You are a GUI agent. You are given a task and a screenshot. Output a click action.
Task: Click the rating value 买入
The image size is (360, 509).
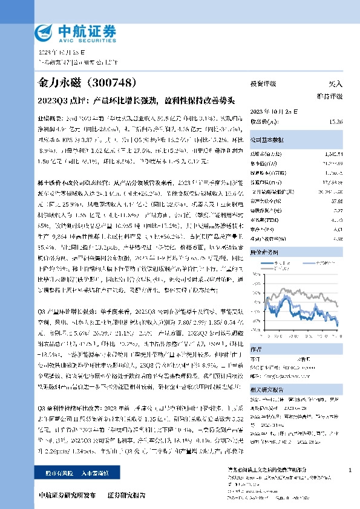(335, 84)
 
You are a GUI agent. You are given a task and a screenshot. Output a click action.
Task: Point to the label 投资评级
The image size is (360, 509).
(263, 84)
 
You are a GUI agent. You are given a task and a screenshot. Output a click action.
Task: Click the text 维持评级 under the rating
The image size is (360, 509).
(330, 96)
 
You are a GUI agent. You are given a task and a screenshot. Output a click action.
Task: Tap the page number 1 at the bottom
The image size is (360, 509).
(350, 470)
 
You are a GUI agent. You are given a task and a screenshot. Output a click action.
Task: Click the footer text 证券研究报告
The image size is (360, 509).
(126, 494)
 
